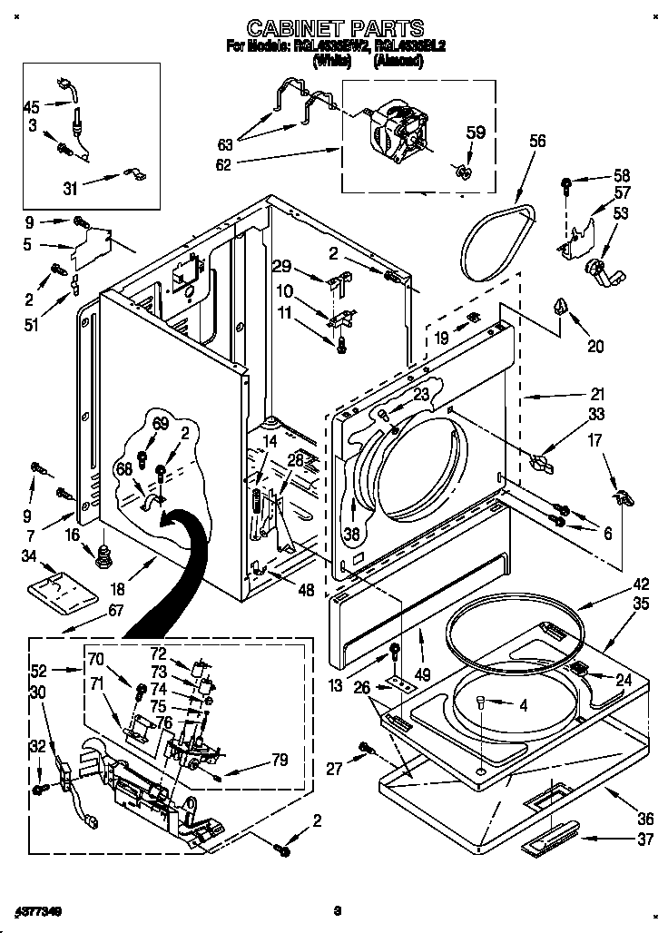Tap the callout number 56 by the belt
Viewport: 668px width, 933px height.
[x=537, y=141]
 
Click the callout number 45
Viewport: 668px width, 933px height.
[x=31, y=107]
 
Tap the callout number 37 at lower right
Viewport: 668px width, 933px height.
[x=644, y=840]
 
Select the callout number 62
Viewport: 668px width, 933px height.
[x=222, y=164]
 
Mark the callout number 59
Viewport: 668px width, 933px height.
[x=476, y=133]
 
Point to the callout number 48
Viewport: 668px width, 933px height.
[x=306, y=589]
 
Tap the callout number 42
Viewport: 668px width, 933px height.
[x=641, y=584]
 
